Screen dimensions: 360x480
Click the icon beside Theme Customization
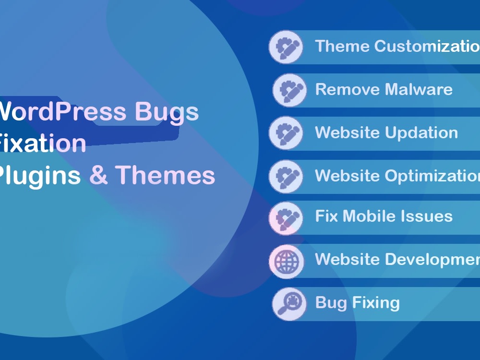(286, 47)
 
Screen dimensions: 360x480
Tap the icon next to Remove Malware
(289, 90)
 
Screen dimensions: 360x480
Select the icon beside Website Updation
(286, 133)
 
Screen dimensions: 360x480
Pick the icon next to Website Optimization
(286, 176)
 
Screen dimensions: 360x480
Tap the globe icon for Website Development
(286, 261)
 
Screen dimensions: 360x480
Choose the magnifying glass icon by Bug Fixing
(289, 304)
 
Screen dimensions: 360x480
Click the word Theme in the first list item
(342, 47)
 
